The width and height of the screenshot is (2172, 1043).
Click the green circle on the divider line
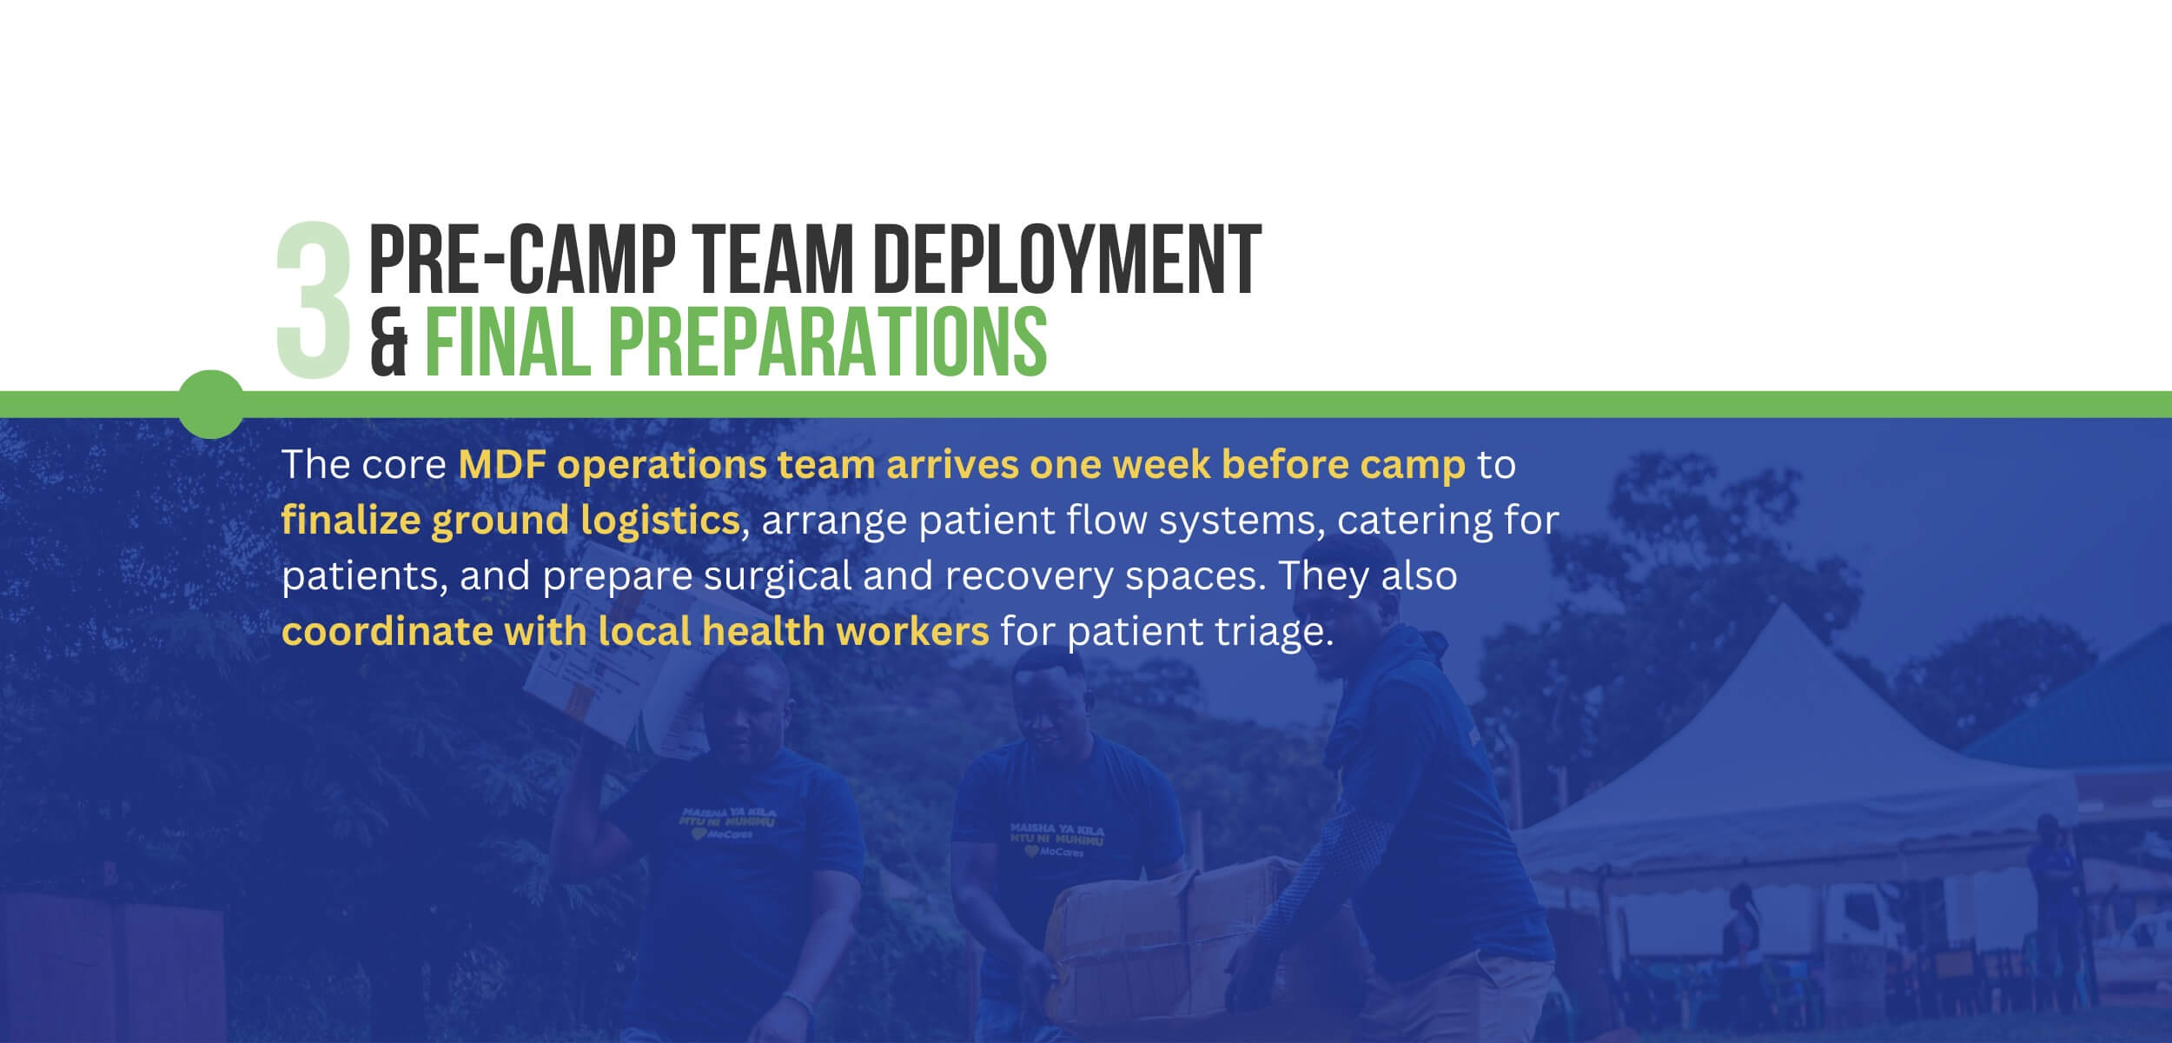[x=211, y=404]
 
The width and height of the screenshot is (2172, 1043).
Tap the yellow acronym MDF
[x=501, y=465]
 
